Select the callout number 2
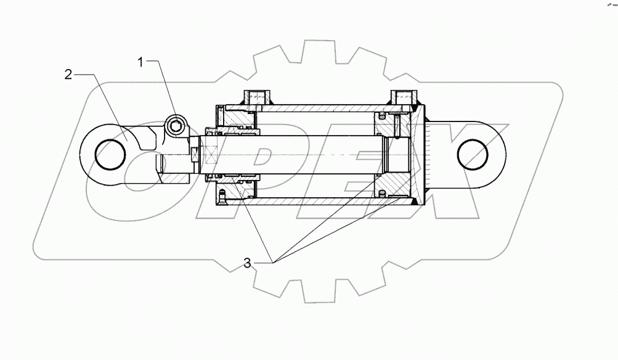68,75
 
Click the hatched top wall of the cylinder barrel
320,108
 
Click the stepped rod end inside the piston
394,154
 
